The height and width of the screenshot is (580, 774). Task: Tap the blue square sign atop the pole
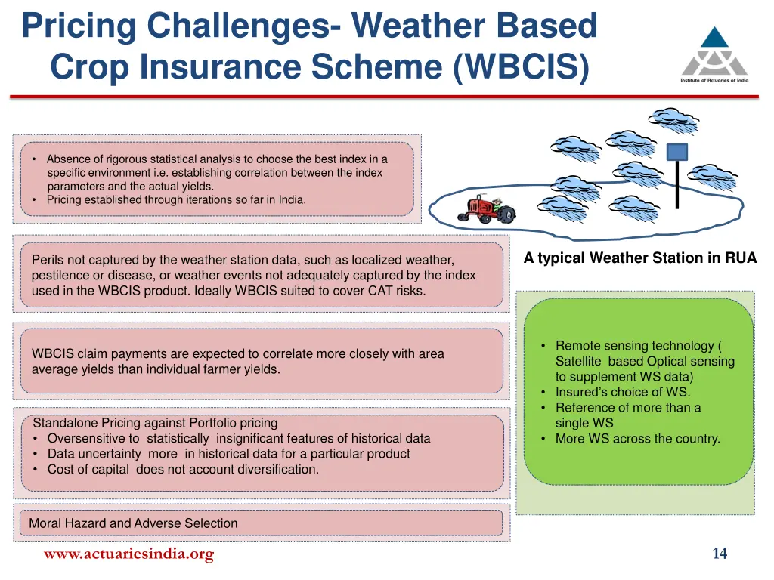(x=676, y=152)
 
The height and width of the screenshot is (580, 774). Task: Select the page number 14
(x=720, y=554)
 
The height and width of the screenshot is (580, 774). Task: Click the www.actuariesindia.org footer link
(x=128, y=554)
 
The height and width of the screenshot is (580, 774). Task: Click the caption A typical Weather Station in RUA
(x=639, y=258)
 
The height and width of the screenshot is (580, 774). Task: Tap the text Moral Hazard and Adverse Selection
(x=133, y=523)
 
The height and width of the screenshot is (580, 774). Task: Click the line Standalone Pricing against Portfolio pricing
(x=155, y=423)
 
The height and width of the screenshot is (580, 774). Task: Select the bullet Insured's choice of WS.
(x=622, y=392)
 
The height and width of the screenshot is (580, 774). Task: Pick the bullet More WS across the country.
(x=637, y=439)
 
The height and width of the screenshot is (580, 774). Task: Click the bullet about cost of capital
(x=183, y=470)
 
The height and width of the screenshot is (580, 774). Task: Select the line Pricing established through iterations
(x=176, y=200)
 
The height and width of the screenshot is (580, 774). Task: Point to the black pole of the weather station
(x=677, y=185)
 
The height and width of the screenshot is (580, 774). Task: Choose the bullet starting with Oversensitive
(x=238, y=439)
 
